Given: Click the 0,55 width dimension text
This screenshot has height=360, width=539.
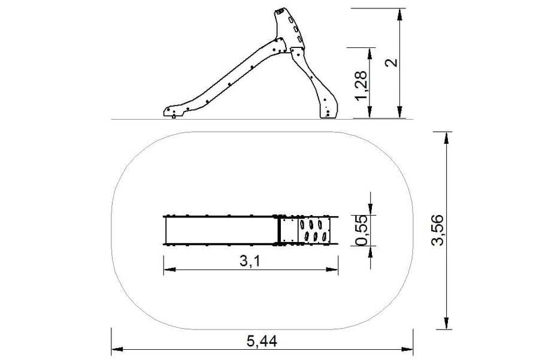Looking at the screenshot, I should tap(361, 231).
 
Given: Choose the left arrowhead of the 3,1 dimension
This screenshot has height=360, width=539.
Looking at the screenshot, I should tap(168, 270).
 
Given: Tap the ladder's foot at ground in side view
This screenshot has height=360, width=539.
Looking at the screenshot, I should tap(328, 113).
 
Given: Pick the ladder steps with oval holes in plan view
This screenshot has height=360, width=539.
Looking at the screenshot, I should tap(313, 230).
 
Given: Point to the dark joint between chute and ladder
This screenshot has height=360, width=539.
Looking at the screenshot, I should tap(278, 230).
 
